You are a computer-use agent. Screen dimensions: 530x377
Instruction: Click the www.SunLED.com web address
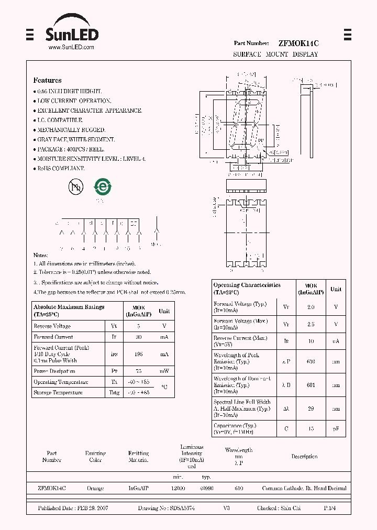(x=71, y=47)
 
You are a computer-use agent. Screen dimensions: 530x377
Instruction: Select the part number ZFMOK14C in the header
(x=298, y=43)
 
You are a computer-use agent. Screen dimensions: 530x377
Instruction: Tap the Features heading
(x=47, y=80)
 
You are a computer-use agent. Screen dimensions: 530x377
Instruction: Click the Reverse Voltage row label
(x=52, y=326)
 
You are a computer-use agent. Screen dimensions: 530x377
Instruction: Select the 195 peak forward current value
(x=138, y=355)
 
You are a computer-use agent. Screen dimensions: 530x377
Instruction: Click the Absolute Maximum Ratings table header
(x=69, y=311)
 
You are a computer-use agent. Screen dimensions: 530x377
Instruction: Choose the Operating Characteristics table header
(x=247, y=289)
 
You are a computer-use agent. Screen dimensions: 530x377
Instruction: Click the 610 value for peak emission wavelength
(x=311, y=361)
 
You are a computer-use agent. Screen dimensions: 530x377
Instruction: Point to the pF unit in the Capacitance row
(x=336, y=429)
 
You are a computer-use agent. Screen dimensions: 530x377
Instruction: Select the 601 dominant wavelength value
(x=311, y=385)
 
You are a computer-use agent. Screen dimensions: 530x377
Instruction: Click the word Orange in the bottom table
(x=95, y=488)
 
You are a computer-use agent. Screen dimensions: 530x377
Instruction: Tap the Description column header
(x=304, y=457)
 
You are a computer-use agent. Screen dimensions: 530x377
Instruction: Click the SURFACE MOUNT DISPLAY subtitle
(x=275, y=54)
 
